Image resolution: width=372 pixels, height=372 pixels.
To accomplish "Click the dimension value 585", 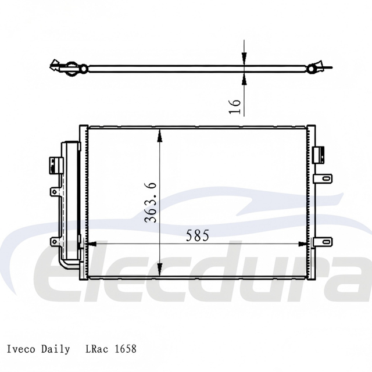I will [x=197, y=235].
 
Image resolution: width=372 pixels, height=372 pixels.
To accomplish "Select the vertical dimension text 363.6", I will [x=150, y=202].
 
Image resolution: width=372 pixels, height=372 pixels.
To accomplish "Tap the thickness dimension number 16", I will [x=235, y=105].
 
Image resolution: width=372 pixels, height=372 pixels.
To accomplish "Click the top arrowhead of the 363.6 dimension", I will [x=160, y=134].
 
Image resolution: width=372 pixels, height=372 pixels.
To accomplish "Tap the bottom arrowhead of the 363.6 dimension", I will [x=160, y=271].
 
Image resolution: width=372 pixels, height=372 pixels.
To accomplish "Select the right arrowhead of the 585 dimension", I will [x=303, y=244].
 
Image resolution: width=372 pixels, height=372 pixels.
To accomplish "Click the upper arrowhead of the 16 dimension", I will [x=244, y=58].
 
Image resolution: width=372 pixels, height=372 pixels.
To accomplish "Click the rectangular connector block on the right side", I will [x=319, y=155].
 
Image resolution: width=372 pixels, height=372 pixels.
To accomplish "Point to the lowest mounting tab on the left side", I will [x=55, y=241].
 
